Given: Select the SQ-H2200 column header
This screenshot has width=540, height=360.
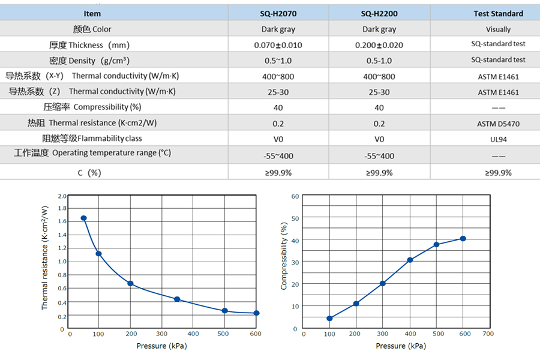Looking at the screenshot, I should pyautogui.click(x=379, y=13).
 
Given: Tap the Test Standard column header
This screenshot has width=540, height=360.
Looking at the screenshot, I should pyautogui.click(x=498, y=13).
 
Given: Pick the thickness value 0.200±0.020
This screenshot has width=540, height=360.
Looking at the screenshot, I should pyautogui.click(x=379, y=45).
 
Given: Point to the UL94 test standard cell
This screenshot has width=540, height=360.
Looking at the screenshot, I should pyautogui.click(x=498, y=139).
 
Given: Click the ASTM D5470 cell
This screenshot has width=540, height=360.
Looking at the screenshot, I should pyautogui.click(x=498, y=124).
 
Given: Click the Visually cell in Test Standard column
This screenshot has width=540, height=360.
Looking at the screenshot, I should pyautogui.click(x=498, y=29).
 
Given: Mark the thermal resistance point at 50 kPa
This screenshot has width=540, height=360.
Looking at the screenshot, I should pyautogui.click(x=84, y=218).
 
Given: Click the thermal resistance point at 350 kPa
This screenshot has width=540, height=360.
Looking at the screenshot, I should pyautogui.click(x=177, y=299).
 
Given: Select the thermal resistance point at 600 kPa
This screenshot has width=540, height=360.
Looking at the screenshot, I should pyautogui.click(x=256, y=313).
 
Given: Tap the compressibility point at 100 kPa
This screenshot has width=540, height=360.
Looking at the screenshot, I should pyautogui.click(x=329, y=318).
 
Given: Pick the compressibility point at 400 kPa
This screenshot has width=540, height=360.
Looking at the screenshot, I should pyautogui.click(x=410, y=260).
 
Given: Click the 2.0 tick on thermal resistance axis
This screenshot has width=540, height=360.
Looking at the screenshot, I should pyautogui.click(x=62, y=196).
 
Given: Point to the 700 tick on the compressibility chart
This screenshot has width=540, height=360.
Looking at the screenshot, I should pyautogui.click(x=488, y=333).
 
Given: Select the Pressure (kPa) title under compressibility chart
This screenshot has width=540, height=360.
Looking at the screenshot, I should pyautogui.click(x=401, y=346).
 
